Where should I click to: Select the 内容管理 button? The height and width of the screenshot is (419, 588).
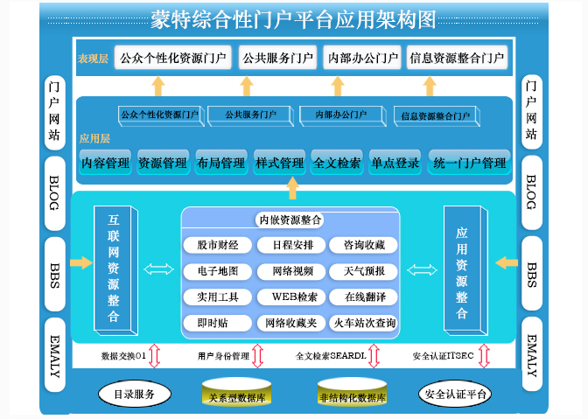(x=106, y=163)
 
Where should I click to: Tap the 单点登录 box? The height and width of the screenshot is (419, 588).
(x=395, y=163)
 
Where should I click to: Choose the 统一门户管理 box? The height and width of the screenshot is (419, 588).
(x=469, y=163)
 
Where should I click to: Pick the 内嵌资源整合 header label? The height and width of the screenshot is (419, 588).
(x=290, y=220)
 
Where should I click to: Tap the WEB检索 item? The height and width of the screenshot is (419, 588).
(x=289, y=297)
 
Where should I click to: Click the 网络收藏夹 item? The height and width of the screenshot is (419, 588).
(x=289, y=323)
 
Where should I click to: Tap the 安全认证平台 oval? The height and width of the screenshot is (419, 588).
(x=455, y=395)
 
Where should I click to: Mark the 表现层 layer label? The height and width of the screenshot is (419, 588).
(x=93, y=59)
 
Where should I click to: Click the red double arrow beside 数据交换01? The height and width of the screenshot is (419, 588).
(x=154, y=355)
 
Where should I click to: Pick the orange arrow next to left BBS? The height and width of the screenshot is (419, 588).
(x=80, y=262)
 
